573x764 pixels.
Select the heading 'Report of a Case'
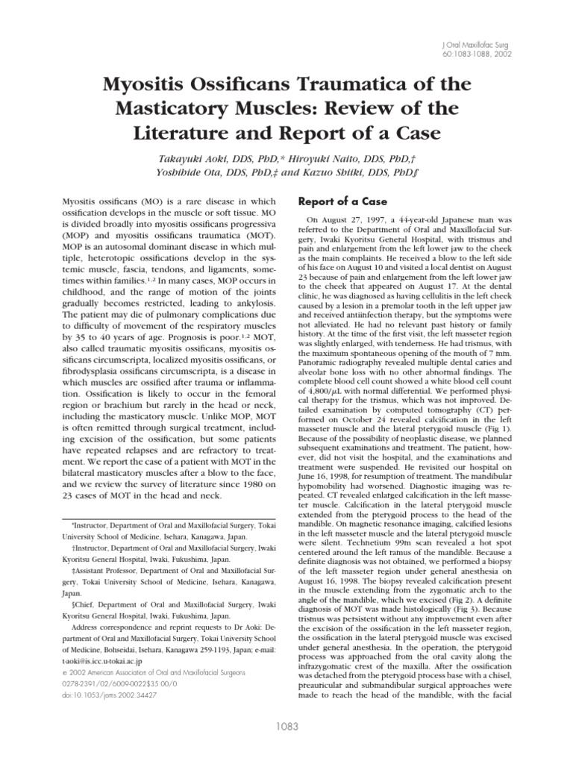pyautogui.click(x=347, y=201)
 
